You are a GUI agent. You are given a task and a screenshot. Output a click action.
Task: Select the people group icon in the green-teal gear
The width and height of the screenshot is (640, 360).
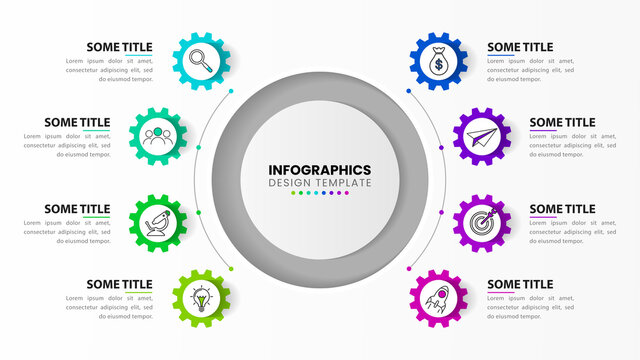[x=160, y=135]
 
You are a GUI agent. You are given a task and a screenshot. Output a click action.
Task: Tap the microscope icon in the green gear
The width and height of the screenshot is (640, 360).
[x=160, y=219]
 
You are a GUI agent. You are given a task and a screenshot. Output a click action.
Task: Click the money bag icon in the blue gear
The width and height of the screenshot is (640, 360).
[x=438, y=63]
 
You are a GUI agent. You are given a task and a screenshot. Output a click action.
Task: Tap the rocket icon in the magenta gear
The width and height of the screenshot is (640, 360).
[x=438, y=297]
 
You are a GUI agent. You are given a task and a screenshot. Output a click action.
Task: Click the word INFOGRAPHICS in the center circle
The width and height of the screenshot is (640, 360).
[x=320, y=170]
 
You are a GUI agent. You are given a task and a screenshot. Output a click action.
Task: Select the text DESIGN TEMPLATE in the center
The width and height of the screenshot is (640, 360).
[x=320, y=183]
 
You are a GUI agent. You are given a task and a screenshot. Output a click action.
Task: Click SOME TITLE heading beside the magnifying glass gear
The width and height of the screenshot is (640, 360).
[x=119, y=47]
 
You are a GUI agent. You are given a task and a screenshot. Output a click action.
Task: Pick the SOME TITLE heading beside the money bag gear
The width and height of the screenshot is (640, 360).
[x=520, y=47]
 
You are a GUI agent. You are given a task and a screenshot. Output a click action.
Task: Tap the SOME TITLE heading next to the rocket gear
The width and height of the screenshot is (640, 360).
[x=520, y=285]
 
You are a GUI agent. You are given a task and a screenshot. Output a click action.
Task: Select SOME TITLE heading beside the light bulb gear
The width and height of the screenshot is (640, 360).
[x=119, y=285]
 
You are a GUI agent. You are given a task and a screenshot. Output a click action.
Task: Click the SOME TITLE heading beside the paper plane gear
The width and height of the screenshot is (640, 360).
[x=562, y=123]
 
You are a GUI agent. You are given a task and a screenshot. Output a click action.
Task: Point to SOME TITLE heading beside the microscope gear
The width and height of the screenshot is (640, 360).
[x=77, y=209]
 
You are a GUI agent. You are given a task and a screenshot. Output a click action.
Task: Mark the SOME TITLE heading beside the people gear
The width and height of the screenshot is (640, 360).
[x=77, y=123]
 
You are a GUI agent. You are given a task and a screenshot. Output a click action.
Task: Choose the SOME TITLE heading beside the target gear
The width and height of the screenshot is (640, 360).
[x=562, y=209]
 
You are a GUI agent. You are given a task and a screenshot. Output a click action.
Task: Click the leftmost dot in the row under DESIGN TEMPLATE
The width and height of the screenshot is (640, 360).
[x=293, y=194]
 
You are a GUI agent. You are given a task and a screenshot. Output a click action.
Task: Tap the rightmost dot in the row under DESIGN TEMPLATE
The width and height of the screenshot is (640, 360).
[x=347, y=194]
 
